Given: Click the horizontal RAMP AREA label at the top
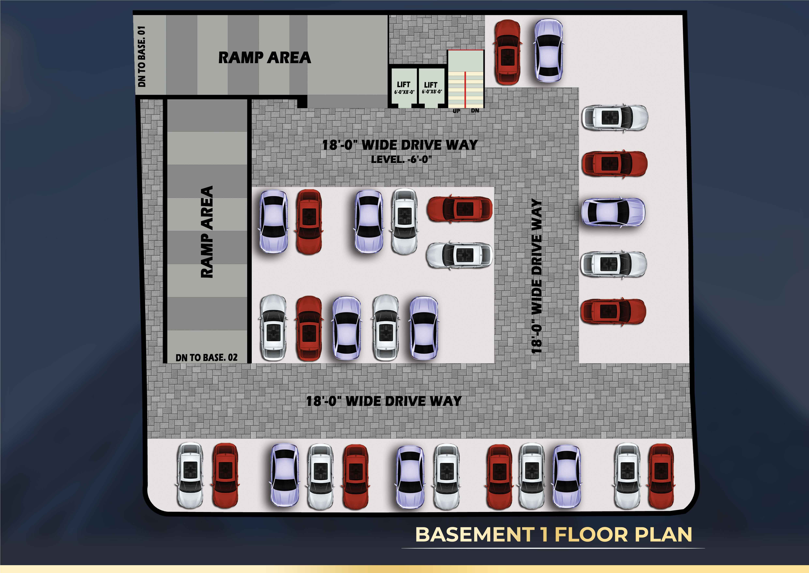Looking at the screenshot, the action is (265, 57).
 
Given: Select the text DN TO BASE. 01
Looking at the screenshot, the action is (142, 56).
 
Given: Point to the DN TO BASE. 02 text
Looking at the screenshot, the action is (206, 357).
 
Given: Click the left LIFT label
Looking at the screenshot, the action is (404, 85).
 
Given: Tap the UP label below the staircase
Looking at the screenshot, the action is (456, 111).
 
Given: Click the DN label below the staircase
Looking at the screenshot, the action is (475, 110).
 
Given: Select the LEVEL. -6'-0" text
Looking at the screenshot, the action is (401, 160).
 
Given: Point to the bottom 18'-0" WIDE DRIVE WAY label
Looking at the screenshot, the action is (384, 401).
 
